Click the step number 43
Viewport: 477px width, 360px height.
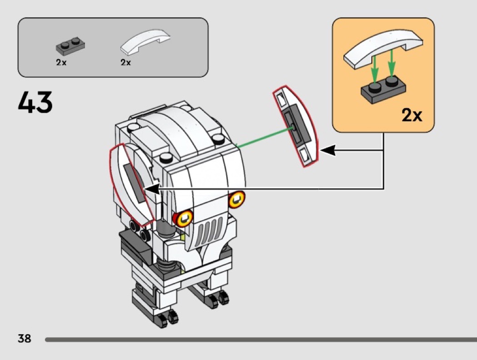click(x=35, y=103)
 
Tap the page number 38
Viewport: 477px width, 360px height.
click(x=24, y=338)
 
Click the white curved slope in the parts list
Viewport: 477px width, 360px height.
click(x=145, y=44)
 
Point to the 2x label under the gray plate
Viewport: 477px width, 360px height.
click(x=61, y=63)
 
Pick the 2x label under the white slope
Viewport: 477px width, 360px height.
click(x=126, y=63)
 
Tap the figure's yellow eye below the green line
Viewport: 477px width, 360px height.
click(x=237, y=198)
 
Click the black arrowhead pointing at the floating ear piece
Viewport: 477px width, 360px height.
click(x=328, y=150)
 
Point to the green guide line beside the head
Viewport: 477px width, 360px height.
click(x=263, y=138)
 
